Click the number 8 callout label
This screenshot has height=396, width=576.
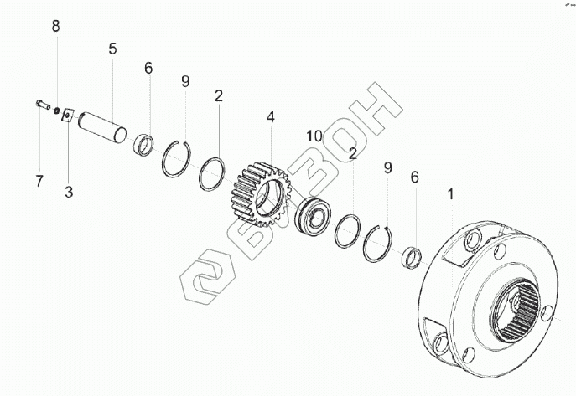[56, 27]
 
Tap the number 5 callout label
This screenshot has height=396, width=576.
[112, 49]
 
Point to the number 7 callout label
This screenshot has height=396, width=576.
[38, 180]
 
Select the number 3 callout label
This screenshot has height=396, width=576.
[69, 192]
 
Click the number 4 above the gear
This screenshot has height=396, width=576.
[270, 117]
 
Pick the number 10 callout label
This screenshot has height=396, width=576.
[314, 136]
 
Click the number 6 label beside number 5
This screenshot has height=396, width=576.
[148, 68]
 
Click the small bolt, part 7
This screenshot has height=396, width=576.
[42, 105]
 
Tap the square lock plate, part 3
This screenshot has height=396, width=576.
[68, 116]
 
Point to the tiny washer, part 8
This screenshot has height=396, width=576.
[55, 111]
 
